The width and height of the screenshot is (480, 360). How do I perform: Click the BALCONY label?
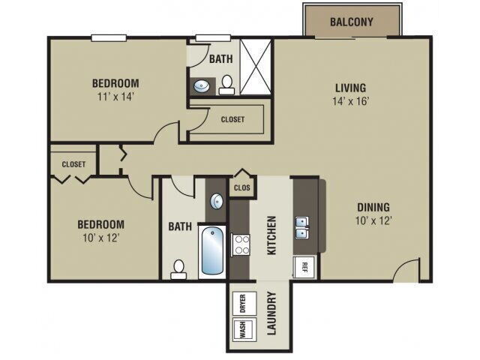351,22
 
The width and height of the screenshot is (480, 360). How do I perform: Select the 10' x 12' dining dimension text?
373,220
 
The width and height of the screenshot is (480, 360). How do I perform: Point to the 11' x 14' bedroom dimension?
115,96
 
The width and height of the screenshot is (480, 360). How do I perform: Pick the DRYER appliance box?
242,303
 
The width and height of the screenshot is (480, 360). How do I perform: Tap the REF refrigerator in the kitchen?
305,265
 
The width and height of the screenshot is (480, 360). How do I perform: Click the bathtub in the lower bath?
213,253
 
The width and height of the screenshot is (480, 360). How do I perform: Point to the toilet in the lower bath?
178,269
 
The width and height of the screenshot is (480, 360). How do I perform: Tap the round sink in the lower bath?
216,201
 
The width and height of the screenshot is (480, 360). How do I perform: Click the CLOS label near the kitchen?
241,187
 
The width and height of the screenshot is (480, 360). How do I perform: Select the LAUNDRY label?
271,315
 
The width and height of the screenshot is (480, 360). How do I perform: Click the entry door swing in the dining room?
407,270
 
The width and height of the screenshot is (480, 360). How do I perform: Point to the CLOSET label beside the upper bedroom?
232,119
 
